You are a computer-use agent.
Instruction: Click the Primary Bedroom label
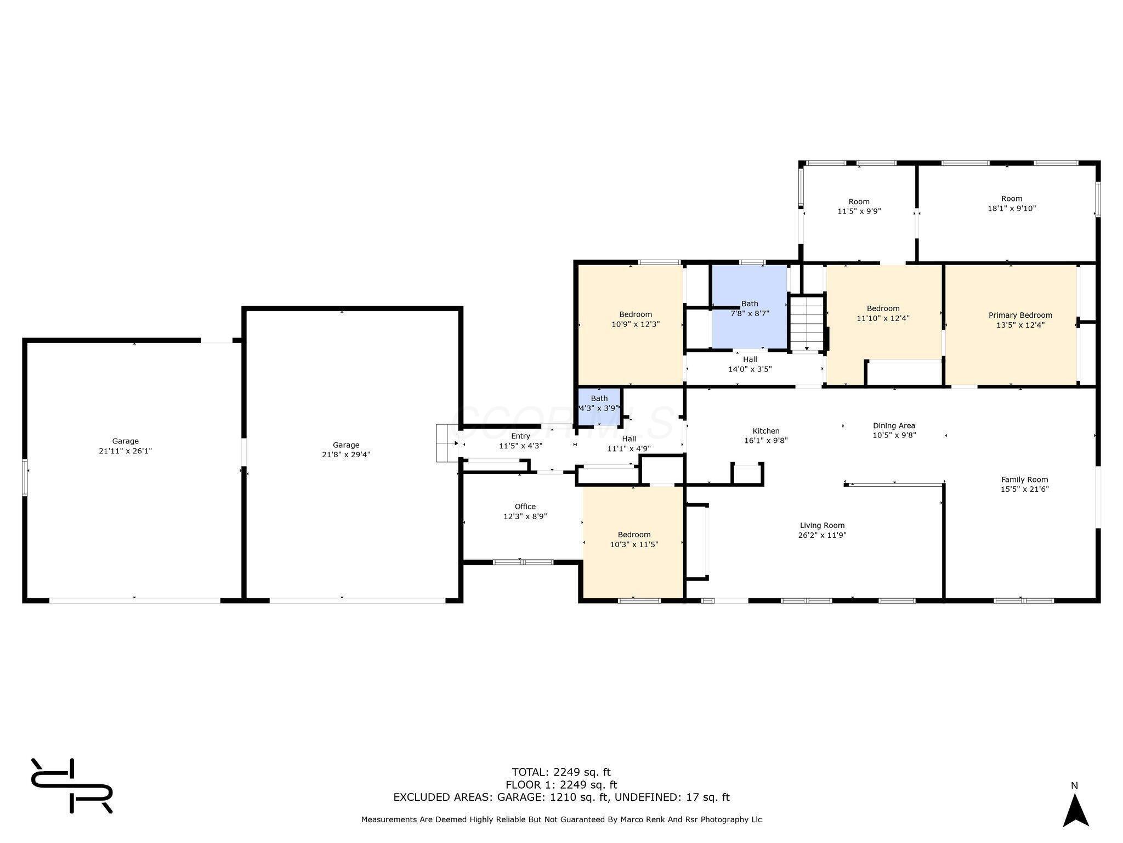coord(1020,315)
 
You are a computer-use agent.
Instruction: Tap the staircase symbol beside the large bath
coord(807,323)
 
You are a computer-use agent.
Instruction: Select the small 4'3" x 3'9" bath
coord(599,407)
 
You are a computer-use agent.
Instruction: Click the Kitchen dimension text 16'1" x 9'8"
coord(765,440)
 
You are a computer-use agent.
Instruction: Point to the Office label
coord(525,507)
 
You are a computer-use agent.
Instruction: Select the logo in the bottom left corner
coord(71,786)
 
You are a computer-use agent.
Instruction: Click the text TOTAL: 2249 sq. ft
coord(561,772)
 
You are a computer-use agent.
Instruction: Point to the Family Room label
coord(1024,479)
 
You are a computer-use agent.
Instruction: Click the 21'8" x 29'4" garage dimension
coord(346,454)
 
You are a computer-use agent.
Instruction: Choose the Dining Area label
coord(894,425)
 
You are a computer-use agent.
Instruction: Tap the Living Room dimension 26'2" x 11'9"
coord(822,535)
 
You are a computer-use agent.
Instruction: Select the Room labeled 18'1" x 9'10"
coord(1011,204)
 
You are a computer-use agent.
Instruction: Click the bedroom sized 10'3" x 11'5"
coord(634,539)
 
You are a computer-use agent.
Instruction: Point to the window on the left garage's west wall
coord(25,477)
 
